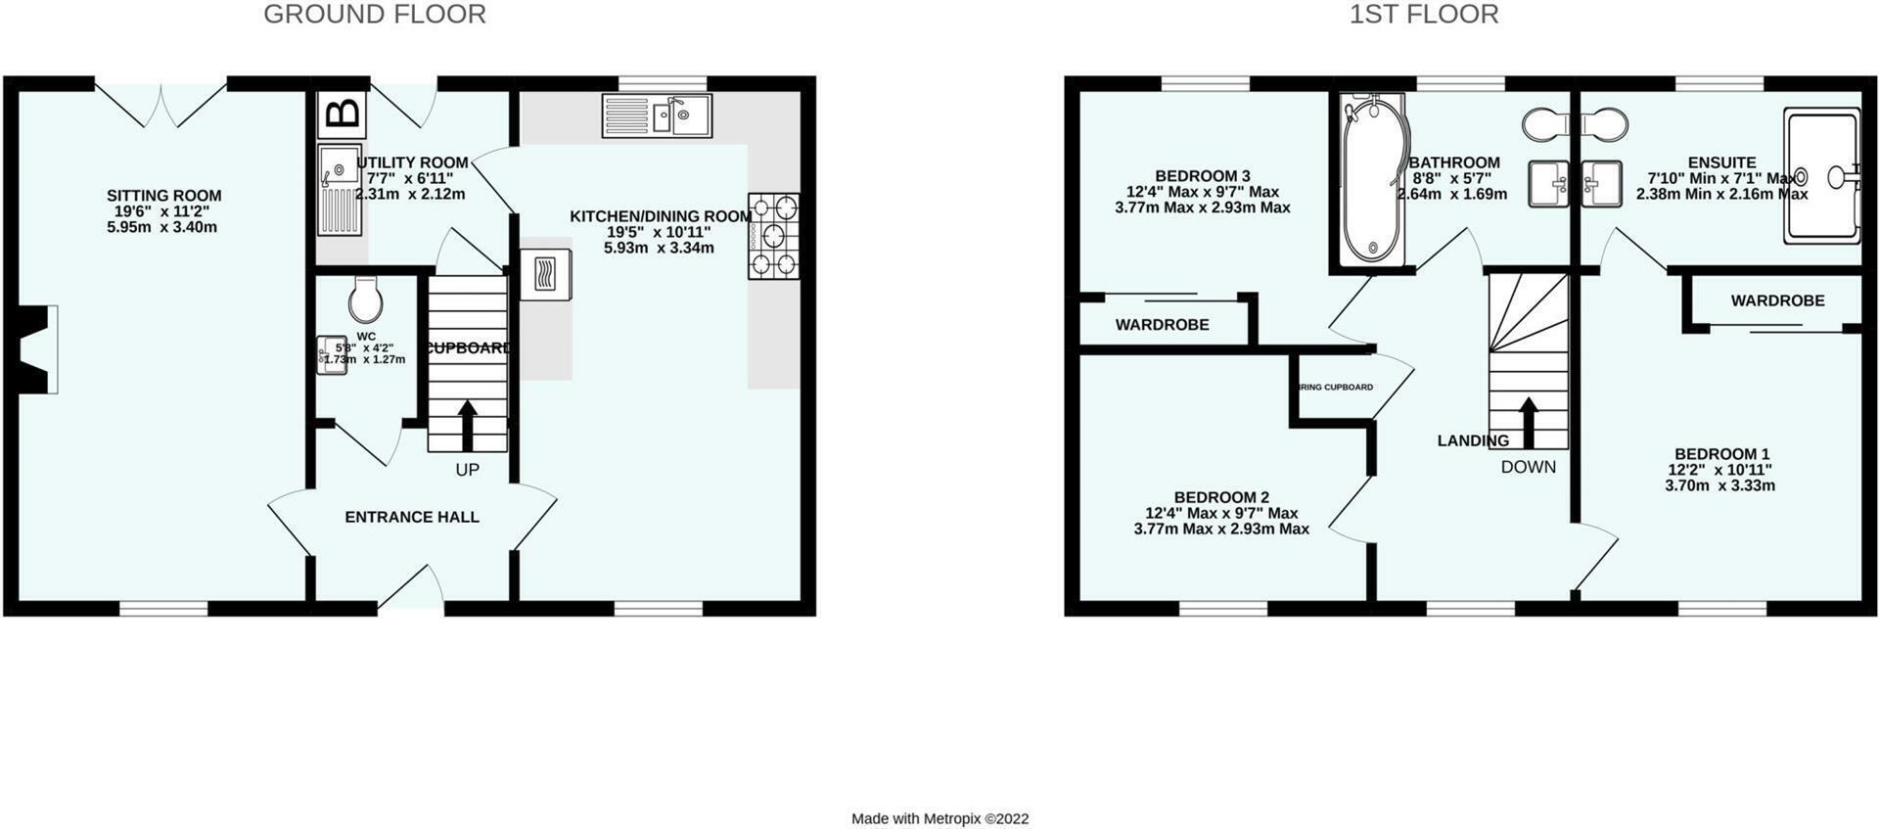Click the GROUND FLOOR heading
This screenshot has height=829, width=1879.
[x=375, y=15]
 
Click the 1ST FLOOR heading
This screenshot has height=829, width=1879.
[x=1423, y=15]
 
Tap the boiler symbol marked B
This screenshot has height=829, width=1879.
[x=342, y=115]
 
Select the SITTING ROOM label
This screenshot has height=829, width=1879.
[x=163, y=196]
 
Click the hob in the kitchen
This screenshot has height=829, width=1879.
[x=773, y=236]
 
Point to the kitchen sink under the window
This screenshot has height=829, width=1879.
[x=657, y=115]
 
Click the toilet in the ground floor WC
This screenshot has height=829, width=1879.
[x=364, y=299]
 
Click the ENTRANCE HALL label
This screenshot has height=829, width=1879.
[x=412, y=517]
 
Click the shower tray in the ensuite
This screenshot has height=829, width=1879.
[x=1821, y=176]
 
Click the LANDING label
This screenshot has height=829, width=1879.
[x=1472, y=440]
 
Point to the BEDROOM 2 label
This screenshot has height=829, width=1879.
[x=1221, y=497]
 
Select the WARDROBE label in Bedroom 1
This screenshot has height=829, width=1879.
[x=1777, y=300]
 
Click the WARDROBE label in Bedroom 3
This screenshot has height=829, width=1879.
[x=1162, y=325]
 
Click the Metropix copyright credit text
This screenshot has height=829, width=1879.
[x=939, y=819]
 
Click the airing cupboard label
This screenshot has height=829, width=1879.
[x=1336, y=388]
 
